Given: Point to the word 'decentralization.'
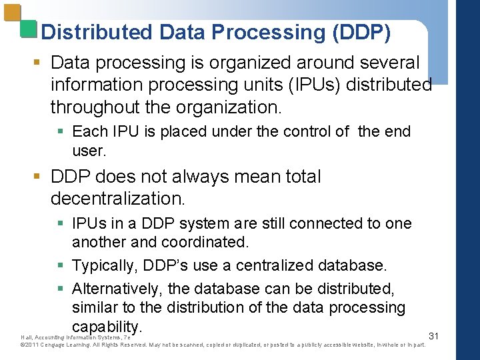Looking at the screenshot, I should pyautogui.click(x=117, y=199).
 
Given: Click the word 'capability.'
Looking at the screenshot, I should pyautogui.click(x=107, y=327).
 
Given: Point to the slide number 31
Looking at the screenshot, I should pyautogui.click(x=433, y=336).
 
